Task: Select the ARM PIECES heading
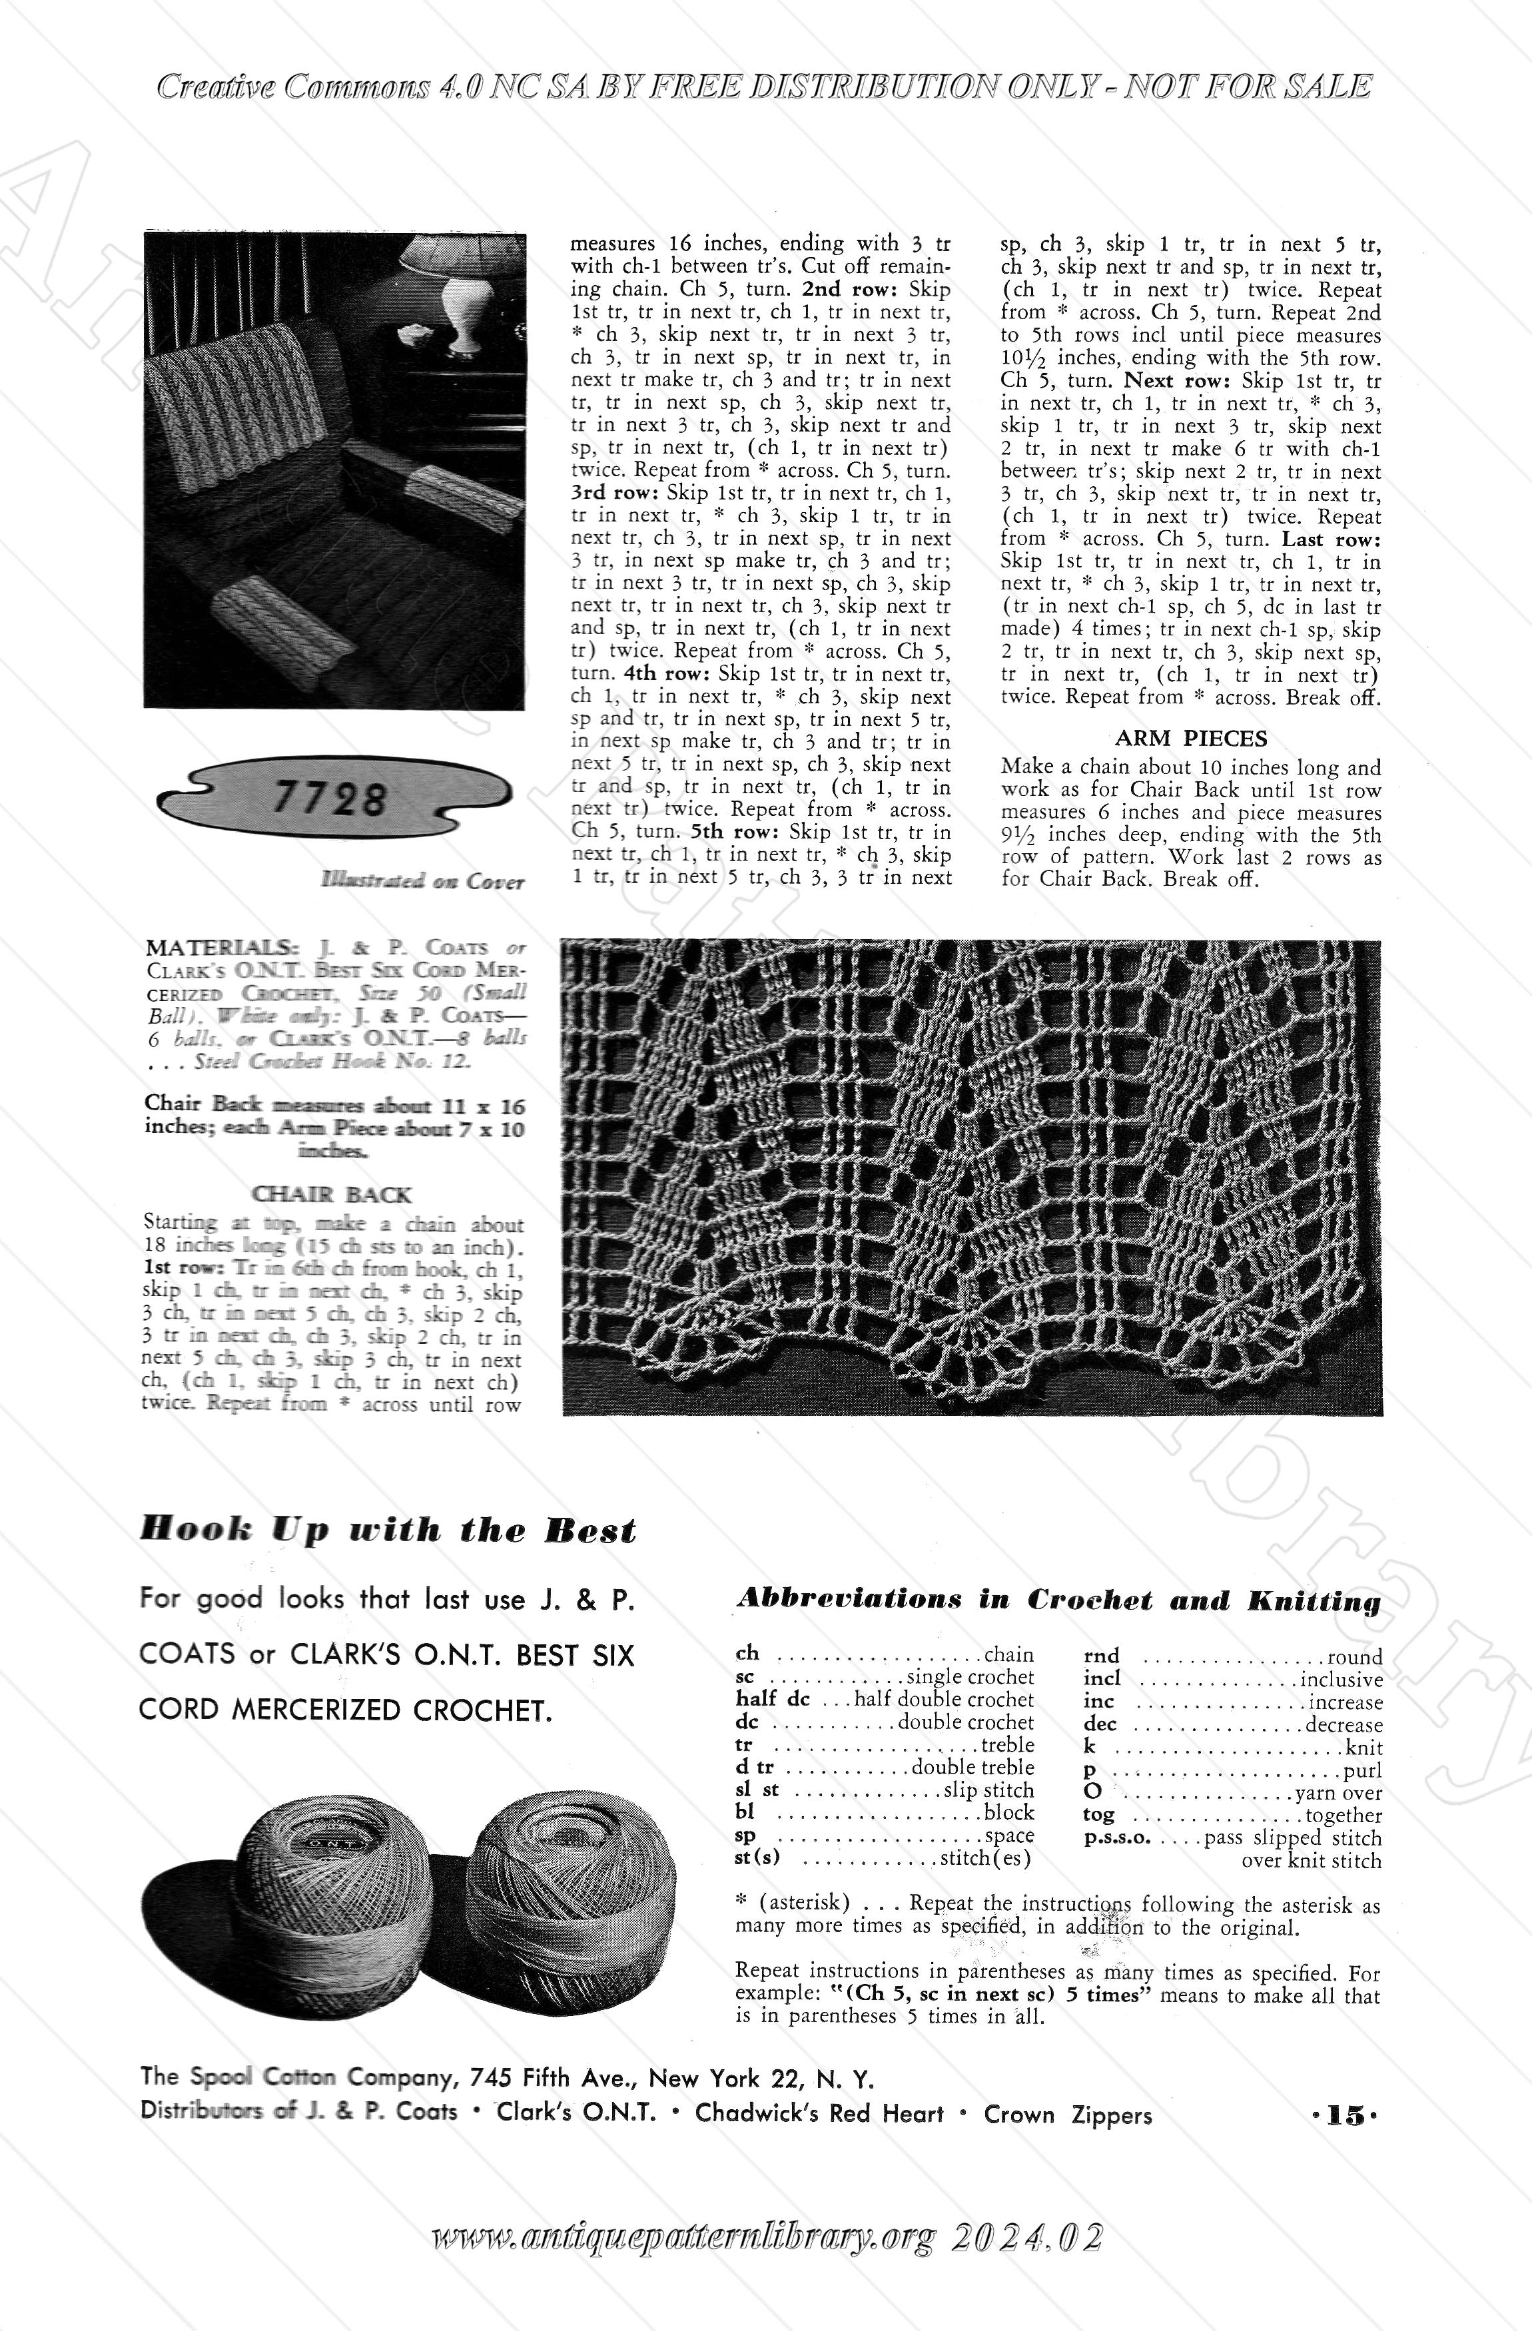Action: [1190, 739]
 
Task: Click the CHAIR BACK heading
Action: [332, 1195]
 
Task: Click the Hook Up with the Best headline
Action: [388, 1530]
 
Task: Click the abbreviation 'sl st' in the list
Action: [756, 1790]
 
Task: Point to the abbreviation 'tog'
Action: [1098, 1815]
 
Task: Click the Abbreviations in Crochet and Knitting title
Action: [1058, 1600]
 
